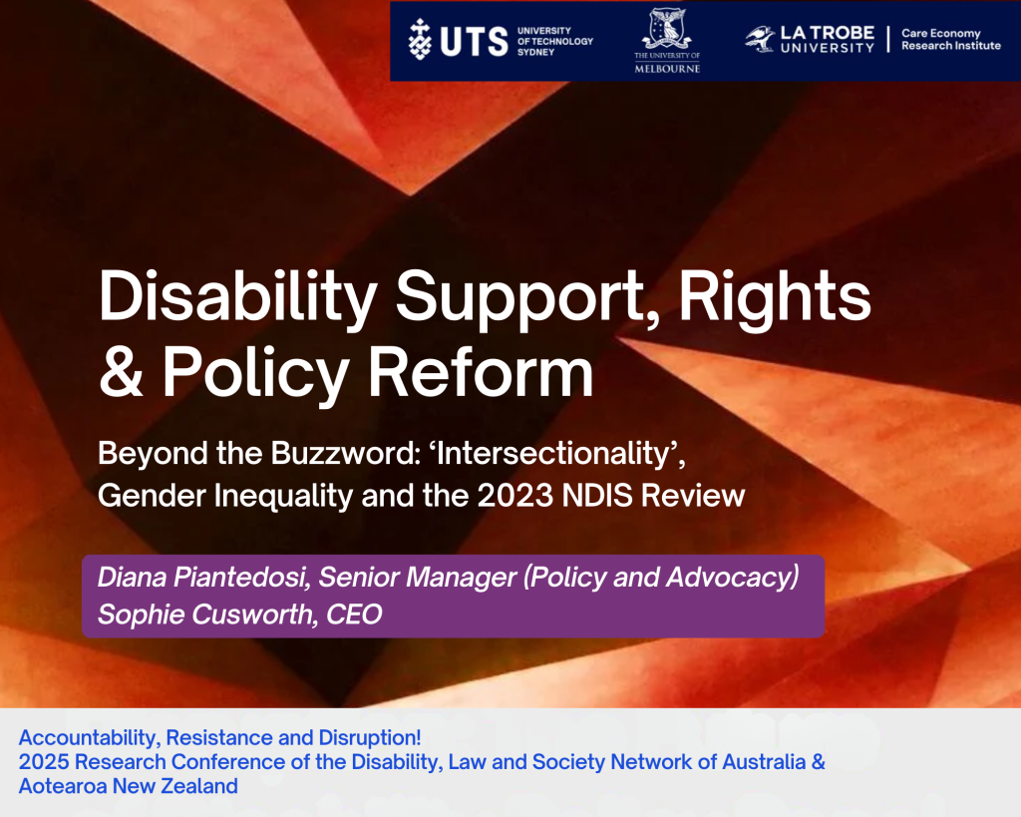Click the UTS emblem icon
click(420, 40)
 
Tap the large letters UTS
click(474, 42)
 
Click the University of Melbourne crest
click(667, 29)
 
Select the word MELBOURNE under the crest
click(667, 69)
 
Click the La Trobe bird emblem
click(760, 39)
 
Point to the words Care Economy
click(941, 33)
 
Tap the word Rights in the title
click(775, 298)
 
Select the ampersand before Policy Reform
click(121, 370)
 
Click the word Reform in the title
click(482, 370)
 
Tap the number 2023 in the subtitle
click(515, 496)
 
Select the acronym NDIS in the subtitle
click(597, 496)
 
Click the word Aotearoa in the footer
click(63, 786)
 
